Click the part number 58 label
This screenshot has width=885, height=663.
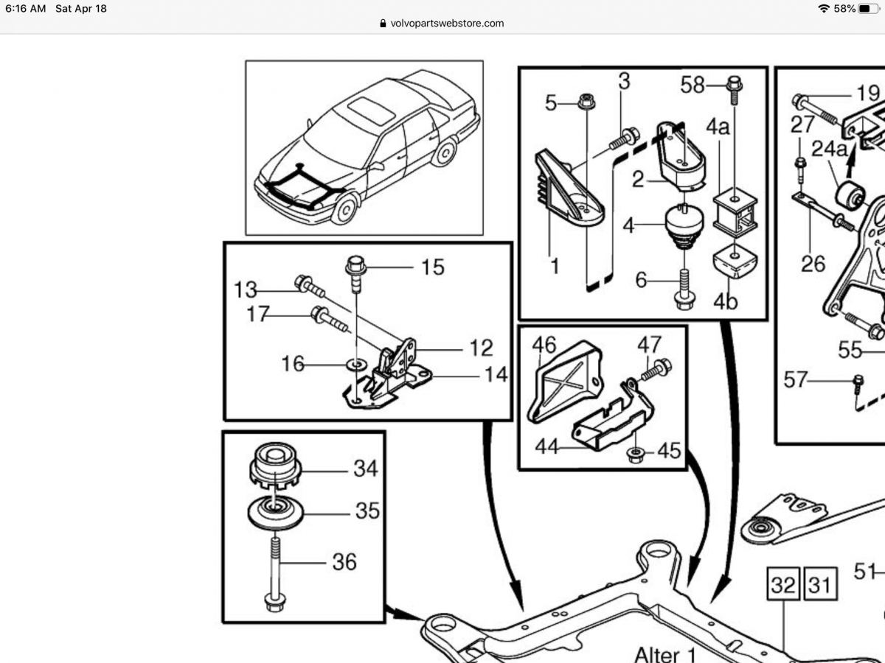[x=693, y=85]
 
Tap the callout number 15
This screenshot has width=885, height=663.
[x=432, y=267]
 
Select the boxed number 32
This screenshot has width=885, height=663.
[x=783, y=586]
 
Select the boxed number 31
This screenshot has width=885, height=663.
[x=819, y=586]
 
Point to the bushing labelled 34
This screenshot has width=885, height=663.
[x=274, y=466]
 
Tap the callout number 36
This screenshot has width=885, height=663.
[x=344, y=562]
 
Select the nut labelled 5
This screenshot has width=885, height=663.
[x=586, y=102]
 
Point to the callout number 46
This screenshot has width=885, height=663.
[x=544, y=344]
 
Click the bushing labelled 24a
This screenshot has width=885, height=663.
[x=850, y=194]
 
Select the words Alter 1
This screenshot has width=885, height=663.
[x=664, y=653]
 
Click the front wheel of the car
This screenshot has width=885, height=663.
[x=344, y=209]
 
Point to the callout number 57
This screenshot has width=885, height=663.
[x=796, y=380]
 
